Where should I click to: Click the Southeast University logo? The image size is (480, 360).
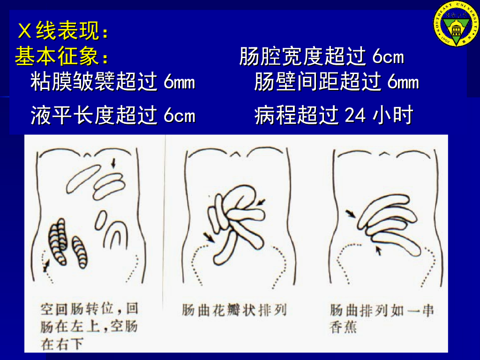456,24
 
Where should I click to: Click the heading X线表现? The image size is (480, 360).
63,30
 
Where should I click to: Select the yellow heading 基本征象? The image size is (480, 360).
61,56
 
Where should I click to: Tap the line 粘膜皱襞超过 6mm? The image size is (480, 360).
112,82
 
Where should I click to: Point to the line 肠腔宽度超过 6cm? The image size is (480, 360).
322,56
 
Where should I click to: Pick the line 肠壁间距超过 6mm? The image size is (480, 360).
337,82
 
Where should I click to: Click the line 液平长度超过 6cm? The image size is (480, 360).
112,115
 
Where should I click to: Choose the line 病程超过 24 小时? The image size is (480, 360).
334,115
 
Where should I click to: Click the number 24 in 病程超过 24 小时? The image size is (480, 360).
355,116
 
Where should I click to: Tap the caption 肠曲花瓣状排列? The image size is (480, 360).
234,310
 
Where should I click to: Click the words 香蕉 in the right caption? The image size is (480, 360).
343,327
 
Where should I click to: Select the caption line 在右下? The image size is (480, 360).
62,344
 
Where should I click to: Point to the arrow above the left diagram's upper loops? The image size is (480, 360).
113,163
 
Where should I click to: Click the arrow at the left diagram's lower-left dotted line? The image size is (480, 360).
46,265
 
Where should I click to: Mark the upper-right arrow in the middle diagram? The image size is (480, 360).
261,202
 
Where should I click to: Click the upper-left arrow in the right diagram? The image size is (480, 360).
351,213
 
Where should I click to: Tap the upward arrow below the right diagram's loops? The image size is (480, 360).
379,251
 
